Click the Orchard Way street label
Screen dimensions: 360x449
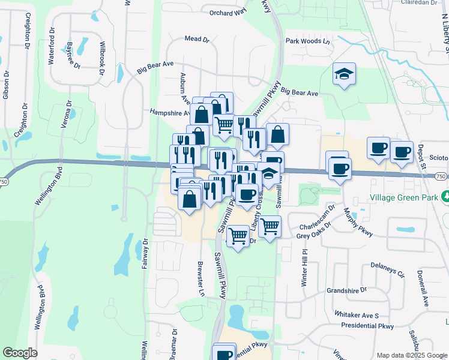pyautogui.click(x=228, y=12)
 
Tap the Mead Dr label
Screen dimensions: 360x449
pyautogui.click(x=197, y=39)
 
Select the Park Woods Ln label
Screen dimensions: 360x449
pyautogui.click(x=308, y=41)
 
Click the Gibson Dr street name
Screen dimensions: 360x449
pyautogui.click(x=6, y=85)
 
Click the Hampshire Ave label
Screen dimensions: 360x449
pyautogui.click(x=170, y=112)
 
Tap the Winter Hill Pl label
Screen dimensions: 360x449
pyautogui.click(x=305, y=269)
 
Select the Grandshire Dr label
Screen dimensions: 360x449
pyautogui.click(x=346, y=290)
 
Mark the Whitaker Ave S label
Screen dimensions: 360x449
pyautogui.click(x=357, y=315)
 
